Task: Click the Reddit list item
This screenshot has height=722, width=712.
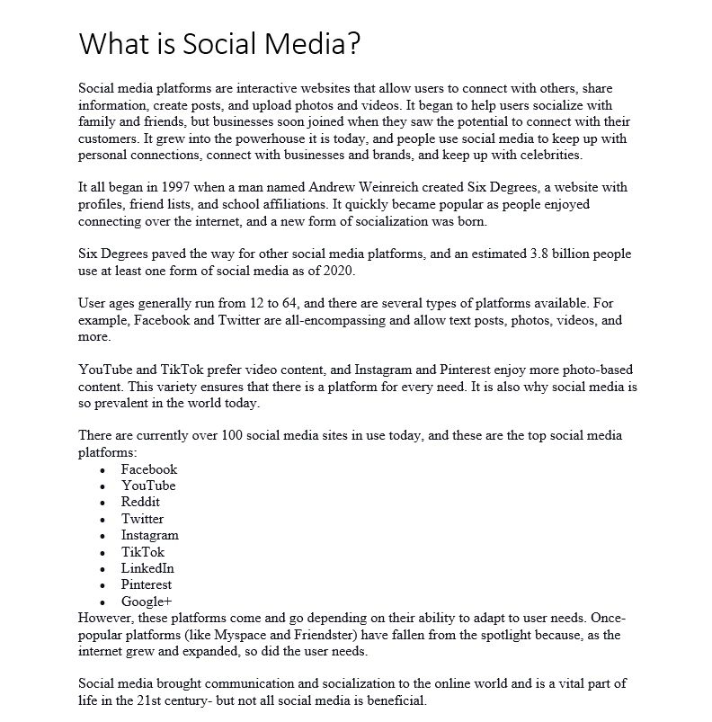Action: pyautogui.click(x=140, y=502)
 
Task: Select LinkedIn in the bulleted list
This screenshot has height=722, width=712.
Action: pyautogui.click(x=147, y=568)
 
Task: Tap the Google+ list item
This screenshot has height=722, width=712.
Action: pyautogui.click(x=146, y=602)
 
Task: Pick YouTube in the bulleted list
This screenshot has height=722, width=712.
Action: pyautogui.click(x=148, y=486)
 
